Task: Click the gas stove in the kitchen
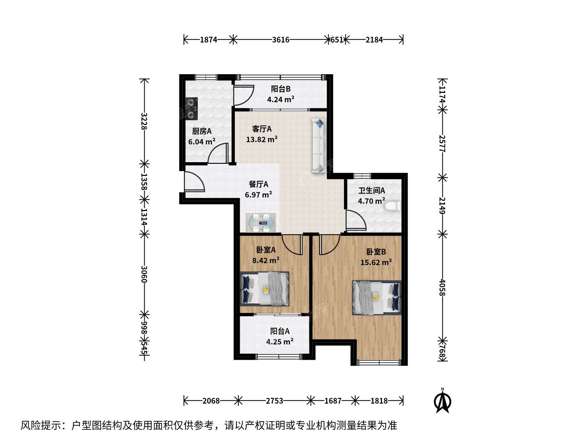(x=192, y=108)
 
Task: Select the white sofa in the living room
(x=319, y=146)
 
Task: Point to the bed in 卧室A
(x=265, y=288)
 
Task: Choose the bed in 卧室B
(x=377, y=297)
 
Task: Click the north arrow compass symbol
(x=443, y=400)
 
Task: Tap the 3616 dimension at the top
(x=280, y=40)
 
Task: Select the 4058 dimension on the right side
(x=442, y=288)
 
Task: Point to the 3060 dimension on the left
(x=144, y=274)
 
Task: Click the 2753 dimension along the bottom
(x=274, y=401)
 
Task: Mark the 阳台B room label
(x=280, y=89)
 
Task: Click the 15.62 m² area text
(x=376, y=262)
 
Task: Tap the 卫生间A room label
(x=371, y=191)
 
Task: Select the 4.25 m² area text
(x=280, y=341)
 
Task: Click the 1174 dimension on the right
(x=442, y=94)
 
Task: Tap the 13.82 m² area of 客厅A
(x=262, y=139)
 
